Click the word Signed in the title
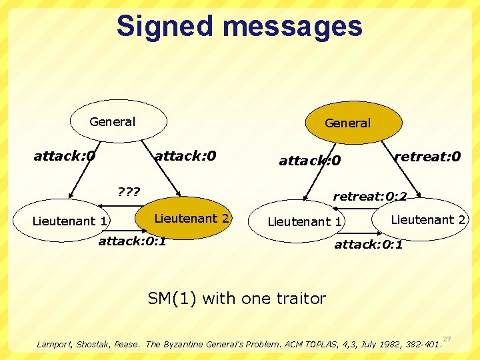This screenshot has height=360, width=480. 167,27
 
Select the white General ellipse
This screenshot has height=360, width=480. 119,121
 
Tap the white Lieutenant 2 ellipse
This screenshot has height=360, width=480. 423,219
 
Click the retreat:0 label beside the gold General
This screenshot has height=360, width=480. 427,157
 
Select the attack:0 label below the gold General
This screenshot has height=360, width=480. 309,161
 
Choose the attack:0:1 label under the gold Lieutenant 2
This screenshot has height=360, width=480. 133,241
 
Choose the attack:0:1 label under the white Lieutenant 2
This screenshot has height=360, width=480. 368,245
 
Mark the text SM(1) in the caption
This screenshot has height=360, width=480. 172,298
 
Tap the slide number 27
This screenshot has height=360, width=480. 447,339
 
